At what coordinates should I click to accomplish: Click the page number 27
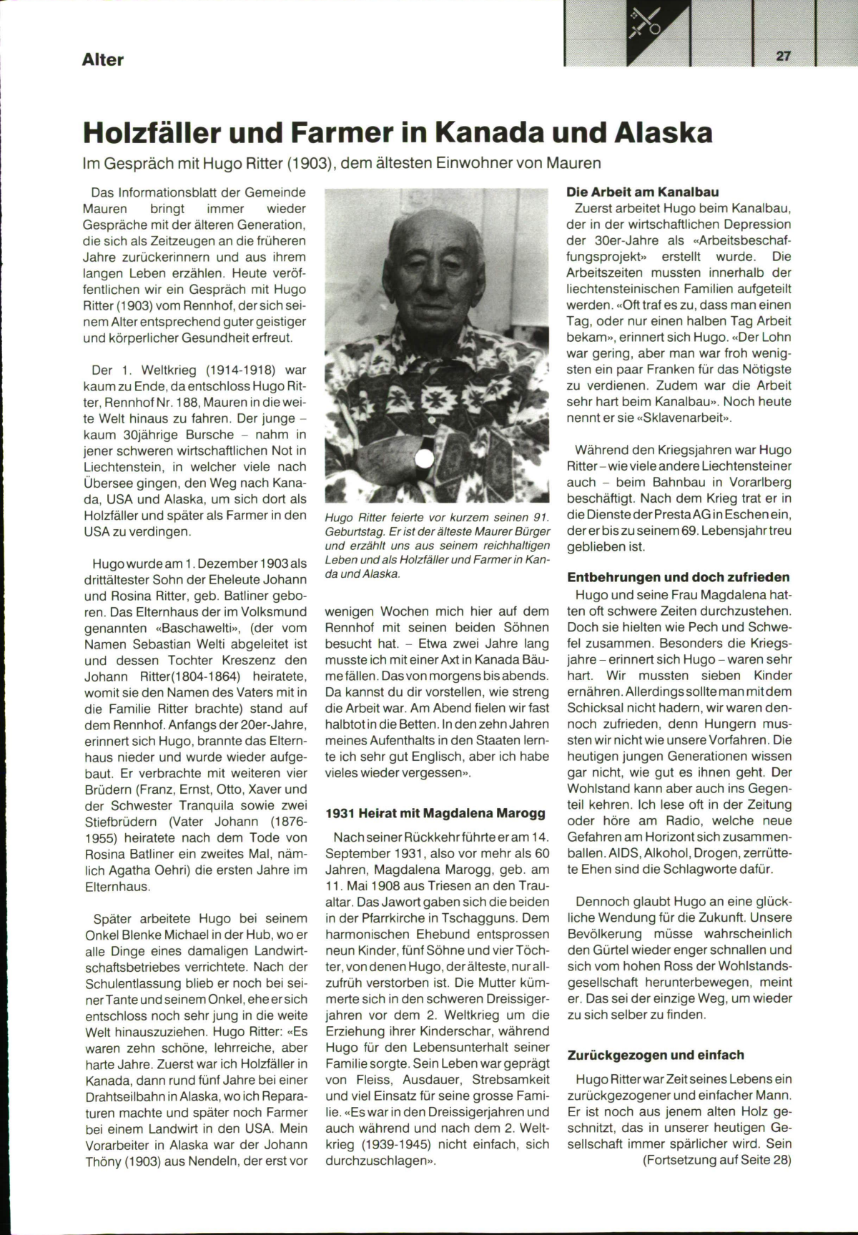tap(784, 56)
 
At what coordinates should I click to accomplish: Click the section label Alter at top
tap(102, 59)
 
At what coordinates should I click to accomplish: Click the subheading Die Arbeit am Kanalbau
tap(643, 192)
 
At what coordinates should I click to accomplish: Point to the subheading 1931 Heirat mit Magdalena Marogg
tap(435, 813)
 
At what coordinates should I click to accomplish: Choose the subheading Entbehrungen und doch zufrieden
tap(679, 577)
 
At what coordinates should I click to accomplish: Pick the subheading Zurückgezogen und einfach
tap(656, 1055)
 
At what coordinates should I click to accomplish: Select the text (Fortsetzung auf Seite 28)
tap(717, 1160)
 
